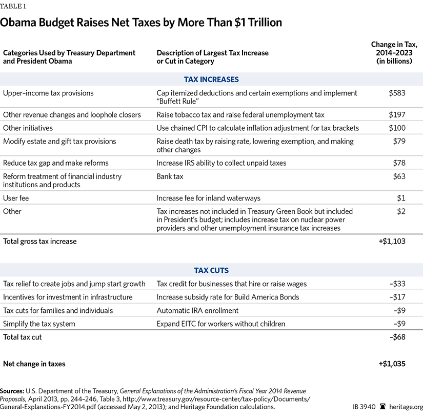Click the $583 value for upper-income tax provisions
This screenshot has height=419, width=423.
pyautogui.click(x=397, y=93)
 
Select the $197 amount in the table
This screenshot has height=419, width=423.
pyautogui.click(x=397, y=115)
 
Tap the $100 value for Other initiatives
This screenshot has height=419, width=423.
pyautogui.click(x=397, y=128)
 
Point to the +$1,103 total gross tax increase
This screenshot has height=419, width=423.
pyautogui.click(x=392, y=241)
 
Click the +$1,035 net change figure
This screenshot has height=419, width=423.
pyautogui.click(x=392, y=364)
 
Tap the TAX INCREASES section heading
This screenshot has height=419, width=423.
pyautogui.click(x=211, y=79)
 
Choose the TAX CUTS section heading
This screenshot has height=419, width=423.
pyautogui.click(x=211, y=270)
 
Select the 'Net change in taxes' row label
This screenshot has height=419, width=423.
pyautogui.click(x=34, y=364)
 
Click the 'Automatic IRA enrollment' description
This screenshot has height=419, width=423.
pyautogui.click(x=197, y=310)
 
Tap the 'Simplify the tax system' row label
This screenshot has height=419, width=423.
pyautogui.click(x=39, y=324)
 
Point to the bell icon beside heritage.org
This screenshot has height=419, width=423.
pyautogui.click(x=382, y=407)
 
